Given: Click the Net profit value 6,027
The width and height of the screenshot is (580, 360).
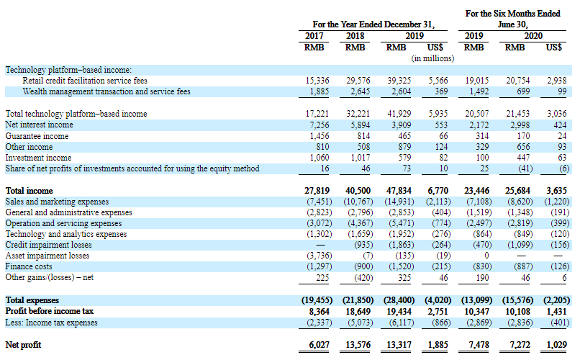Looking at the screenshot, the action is (319, 345).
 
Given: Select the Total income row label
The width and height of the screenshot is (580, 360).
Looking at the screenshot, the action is (30, 191).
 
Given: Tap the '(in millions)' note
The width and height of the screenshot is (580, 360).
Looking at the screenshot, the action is (432, 58).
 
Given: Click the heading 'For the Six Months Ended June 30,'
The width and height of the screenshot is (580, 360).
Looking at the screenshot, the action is (512, 19).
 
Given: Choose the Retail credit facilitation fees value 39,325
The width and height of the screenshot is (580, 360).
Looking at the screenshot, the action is (399, 81).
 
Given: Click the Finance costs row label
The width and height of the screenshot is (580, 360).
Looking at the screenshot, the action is (29, 266).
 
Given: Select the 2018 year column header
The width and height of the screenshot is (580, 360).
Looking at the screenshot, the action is (355, 36).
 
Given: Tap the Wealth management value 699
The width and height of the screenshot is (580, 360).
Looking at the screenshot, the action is (523, 91).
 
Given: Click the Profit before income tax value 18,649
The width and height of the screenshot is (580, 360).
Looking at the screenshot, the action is (358, 312).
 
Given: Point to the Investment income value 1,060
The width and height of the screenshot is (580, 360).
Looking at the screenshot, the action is (320, 158).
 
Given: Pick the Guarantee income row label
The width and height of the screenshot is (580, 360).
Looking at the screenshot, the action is (37, 136).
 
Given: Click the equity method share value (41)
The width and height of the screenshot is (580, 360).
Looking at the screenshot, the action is (525, 168).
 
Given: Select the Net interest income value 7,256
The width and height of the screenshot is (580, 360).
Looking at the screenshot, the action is (320, 125).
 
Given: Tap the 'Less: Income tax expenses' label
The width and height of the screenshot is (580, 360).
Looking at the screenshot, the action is (51, 323).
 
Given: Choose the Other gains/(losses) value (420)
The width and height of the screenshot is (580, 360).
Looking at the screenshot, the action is (363, 277).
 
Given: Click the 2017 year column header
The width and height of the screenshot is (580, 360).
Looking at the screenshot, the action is (314, 36).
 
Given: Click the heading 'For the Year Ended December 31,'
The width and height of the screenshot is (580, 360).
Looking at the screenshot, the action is (373, 24).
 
